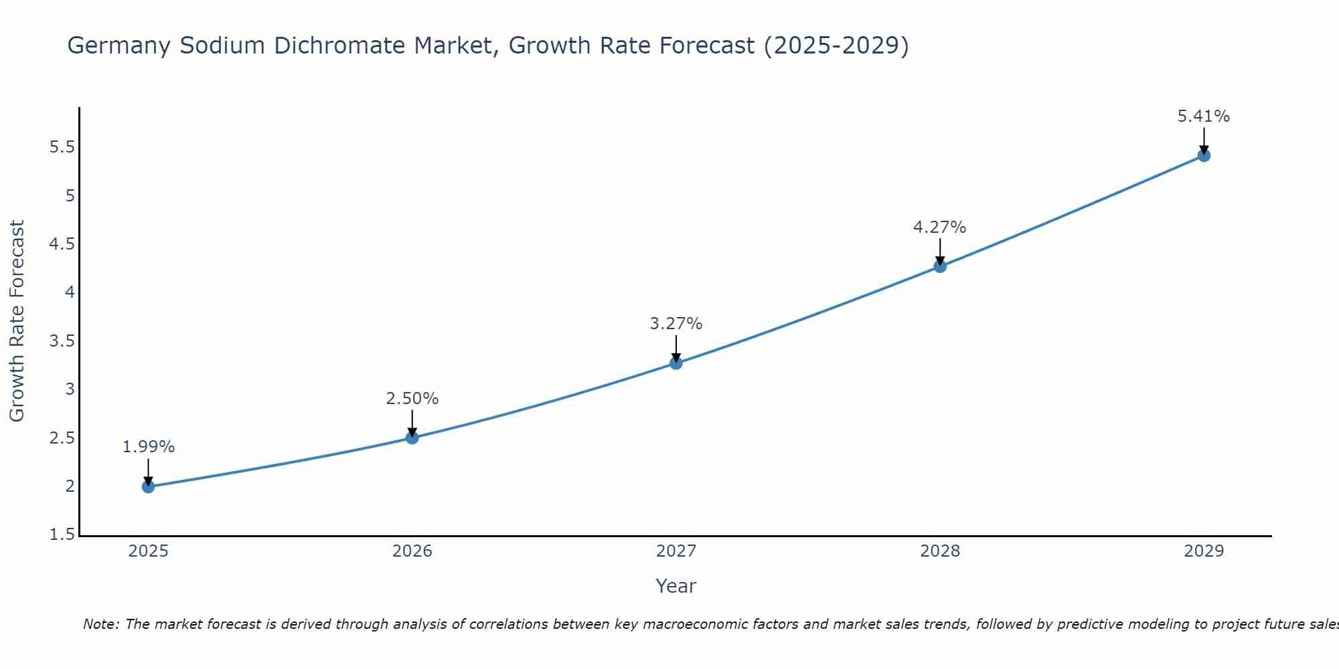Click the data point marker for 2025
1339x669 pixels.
(x=148, y=486)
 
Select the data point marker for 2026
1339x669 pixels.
(x=412, y=438)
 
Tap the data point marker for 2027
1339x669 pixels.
(x=676, y=363)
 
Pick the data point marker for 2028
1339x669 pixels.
(x=940, y=266)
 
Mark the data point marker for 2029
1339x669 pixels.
(x=1204, y=156)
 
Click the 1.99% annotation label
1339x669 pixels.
(x=148, y=447)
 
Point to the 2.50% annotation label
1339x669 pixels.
(x=412, y=399)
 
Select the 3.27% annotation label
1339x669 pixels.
(x=676, y=324)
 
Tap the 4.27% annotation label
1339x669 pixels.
(x=940, y=227)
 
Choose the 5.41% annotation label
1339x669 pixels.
(x=1204, y=116)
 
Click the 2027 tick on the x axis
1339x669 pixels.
(x=676, y=551)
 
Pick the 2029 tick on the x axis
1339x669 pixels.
(x=1204, y=551)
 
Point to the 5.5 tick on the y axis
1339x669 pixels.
(x=62, y=147)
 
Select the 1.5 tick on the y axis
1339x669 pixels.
(x=62, y=535)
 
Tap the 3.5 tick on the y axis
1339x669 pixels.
(x=62, y=341)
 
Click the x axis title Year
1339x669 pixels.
(x=676, y=586)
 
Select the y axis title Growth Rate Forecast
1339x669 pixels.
(x=17, y=321)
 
